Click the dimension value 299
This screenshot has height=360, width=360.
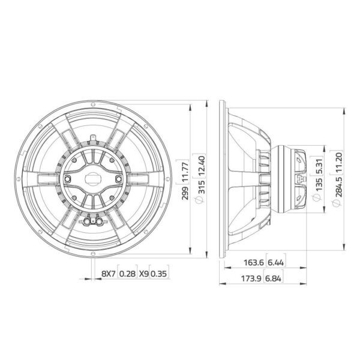pos(185,193)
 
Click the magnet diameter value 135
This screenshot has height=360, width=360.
pos(319,184)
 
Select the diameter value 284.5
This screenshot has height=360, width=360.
pos(338,187)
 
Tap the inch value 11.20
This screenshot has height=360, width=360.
pos(338,161)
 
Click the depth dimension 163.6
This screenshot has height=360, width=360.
pos(253,262)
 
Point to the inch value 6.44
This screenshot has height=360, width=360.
pos(276,262)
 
